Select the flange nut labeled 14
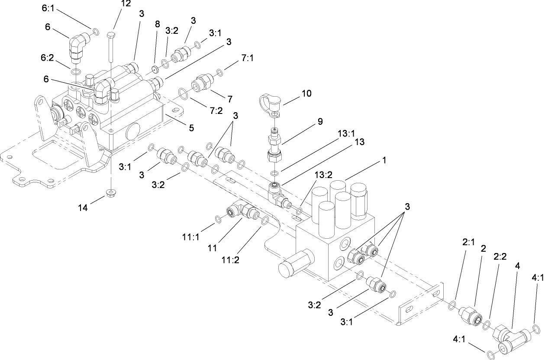111,192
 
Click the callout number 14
83,208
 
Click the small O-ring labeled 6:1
94,31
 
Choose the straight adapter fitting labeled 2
470,313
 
